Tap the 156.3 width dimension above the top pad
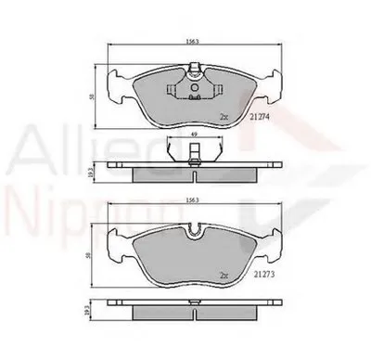click(x=191, y=42)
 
